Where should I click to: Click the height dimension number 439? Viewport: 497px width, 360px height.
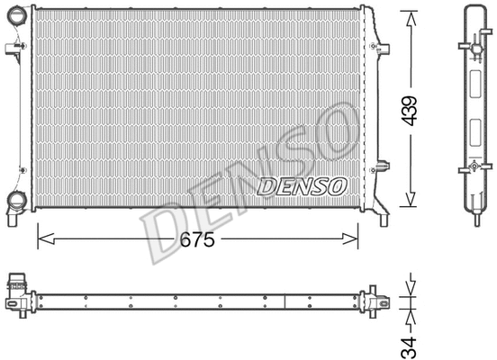tap(411, 111)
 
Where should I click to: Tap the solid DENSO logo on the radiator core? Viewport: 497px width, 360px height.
tap(302, 186)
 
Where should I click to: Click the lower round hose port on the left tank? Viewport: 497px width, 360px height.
tap(15, 201)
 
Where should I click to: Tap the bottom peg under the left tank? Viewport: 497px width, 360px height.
tap(11, 219)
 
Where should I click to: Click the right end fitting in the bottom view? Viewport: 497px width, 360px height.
tap(371, 298)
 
